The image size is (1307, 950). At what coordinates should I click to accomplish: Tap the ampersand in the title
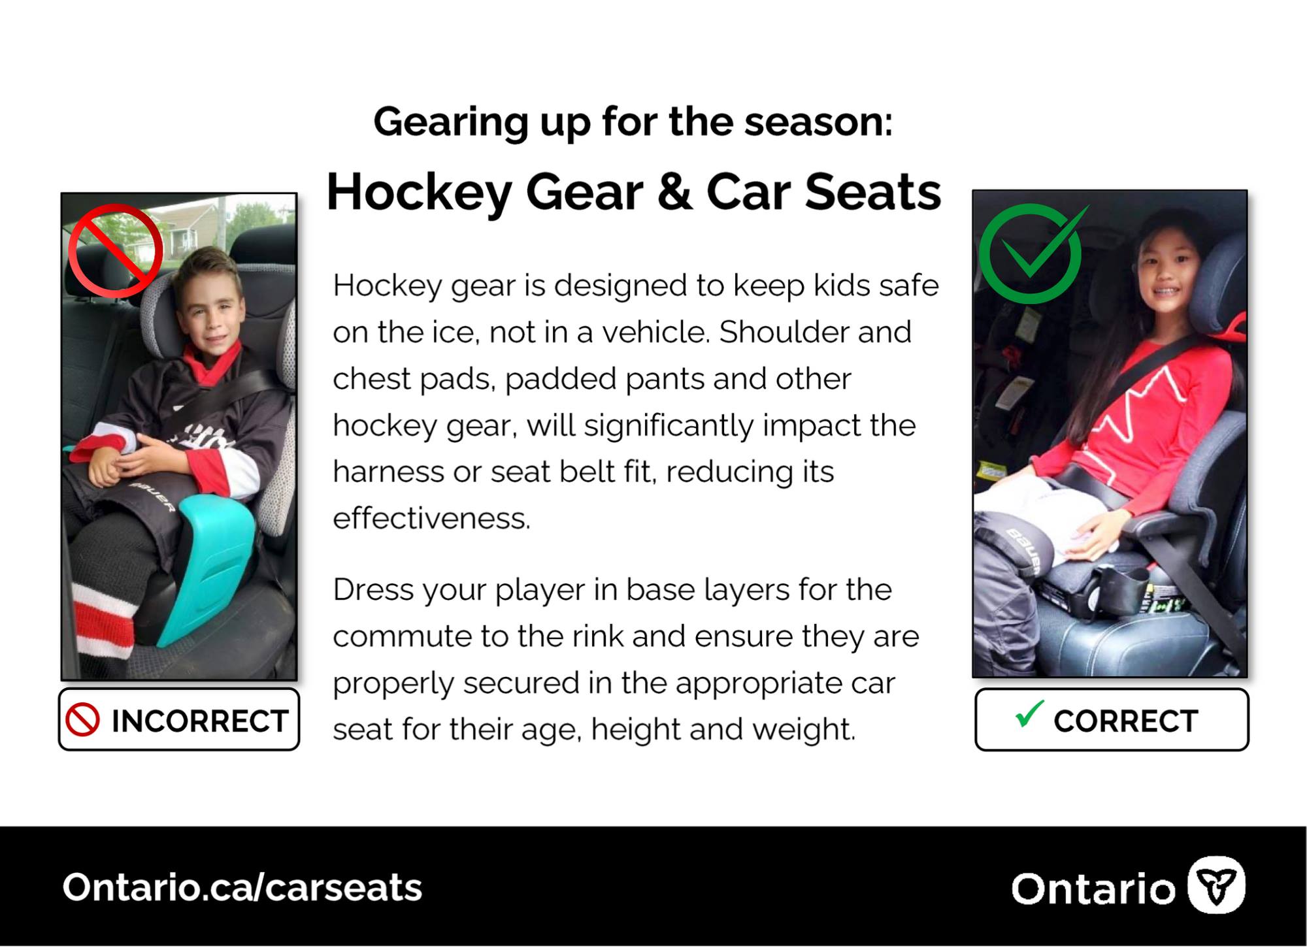[674, 193]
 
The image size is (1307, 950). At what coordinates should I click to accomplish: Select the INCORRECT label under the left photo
[200, 721]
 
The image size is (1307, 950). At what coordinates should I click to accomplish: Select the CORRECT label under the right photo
[1126, 721]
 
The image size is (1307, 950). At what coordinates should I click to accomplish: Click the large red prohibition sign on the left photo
[116, 250]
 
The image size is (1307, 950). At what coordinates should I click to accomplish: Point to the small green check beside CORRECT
[1030, 713]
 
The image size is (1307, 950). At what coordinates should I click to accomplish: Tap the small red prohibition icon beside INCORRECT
[83, 720]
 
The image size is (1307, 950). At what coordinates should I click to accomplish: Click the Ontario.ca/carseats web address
[242, 888]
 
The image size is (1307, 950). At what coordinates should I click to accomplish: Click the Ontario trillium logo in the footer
[1216, 885]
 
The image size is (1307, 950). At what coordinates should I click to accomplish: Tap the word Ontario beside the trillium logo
[1093, 889]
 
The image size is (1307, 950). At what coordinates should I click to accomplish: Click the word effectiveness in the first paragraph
[431, 519]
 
